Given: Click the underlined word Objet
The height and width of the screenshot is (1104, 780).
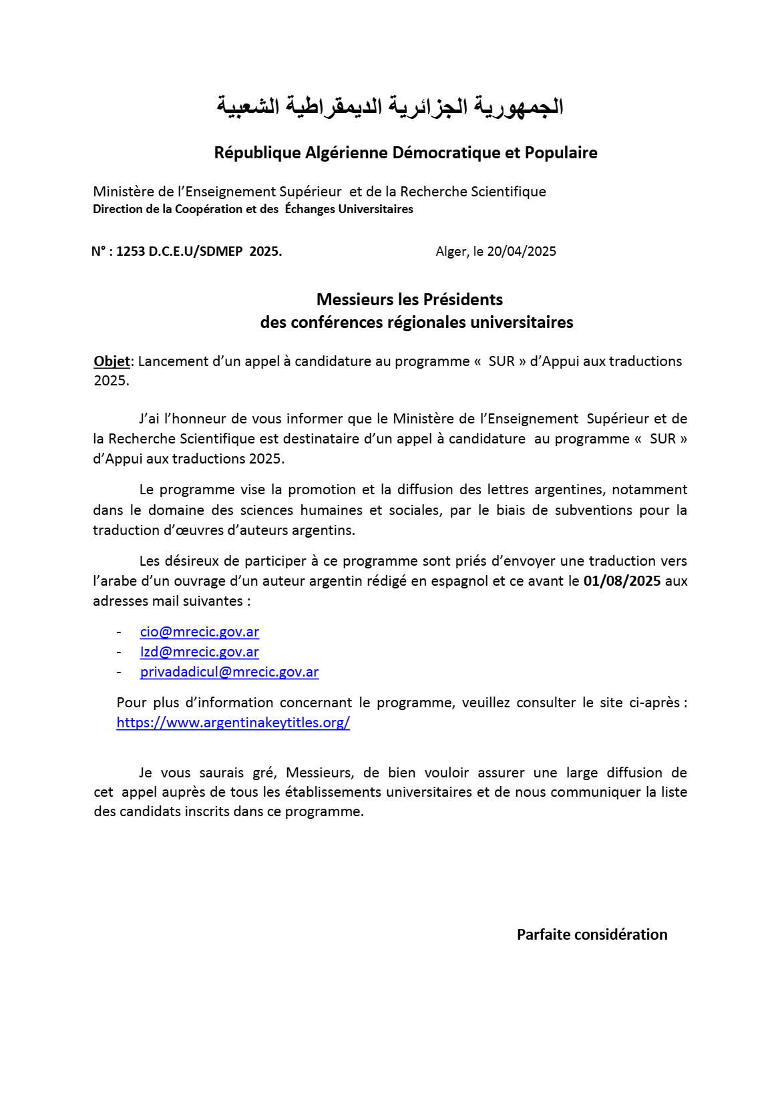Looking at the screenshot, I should pyautogui.click(x=112, y=361).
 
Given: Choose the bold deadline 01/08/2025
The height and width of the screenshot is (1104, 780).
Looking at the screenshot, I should pyautogui.click(x=622, y=581).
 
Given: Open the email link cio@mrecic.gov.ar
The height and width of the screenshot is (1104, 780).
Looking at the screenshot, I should pyautogui.click(x=199, y=632).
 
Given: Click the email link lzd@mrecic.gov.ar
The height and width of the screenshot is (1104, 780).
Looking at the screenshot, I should pyautogui.click(x=199, y=652).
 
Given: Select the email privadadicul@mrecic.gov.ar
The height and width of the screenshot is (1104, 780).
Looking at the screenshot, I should pyautogui.click(x=229, y=672).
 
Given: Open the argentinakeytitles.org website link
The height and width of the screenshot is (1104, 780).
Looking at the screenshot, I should pyautogui.click(x=233, y=723).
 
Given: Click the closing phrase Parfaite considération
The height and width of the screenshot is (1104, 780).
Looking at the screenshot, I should pyautogui.click(x=592, y=935).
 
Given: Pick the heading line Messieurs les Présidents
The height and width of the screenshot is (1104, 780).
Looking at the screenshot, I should pyautogui.click(x=409, y=300).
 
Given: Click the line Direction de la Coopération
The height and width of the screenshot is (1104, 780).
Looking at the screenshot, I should pyautogui.click(x=252, y=209).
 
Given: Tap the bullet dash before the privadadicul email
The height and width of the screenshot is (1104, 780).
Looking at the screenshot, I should pyautogui.click(x=119, y=672).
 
